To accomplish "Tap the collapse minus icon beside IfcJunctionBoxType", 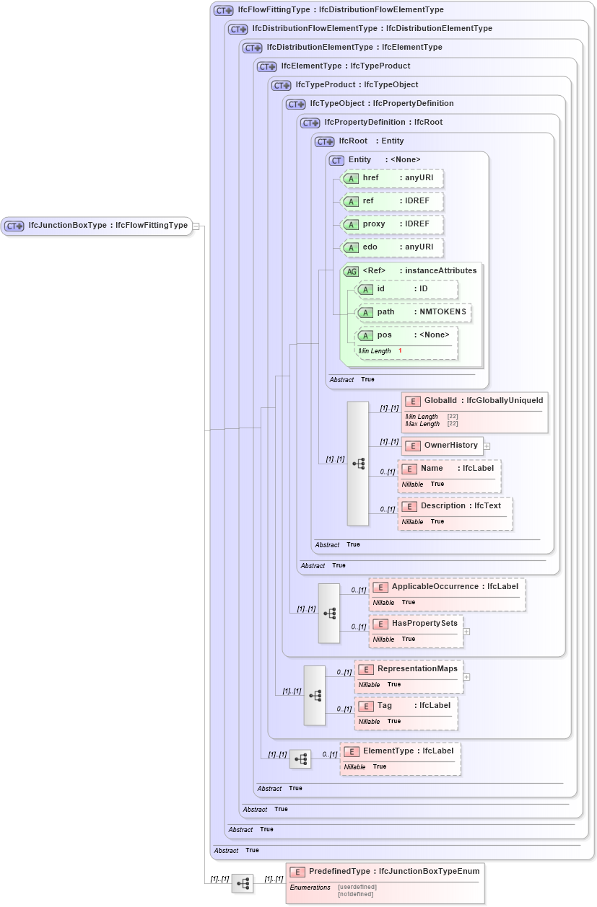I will pos(196,226).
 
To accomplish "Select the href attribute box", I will pos(392,178).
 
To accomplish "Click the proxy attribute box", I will pos(392,224).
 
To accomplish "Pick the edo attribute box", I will pos(392,247).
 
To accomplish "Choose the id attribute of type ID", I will pos(407,289).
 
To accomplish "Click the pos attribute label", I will pos(385,335).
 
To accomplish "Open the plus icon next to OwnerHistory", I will pos(487,446).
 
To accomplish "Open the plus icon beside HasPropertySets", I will pos(466,631).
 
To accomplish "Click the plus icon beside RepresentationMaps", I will pos(466,677).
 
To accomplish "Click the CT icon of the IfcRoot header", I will pos(325,141).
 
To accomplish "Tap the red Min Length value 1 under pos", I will pos(400,351).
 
